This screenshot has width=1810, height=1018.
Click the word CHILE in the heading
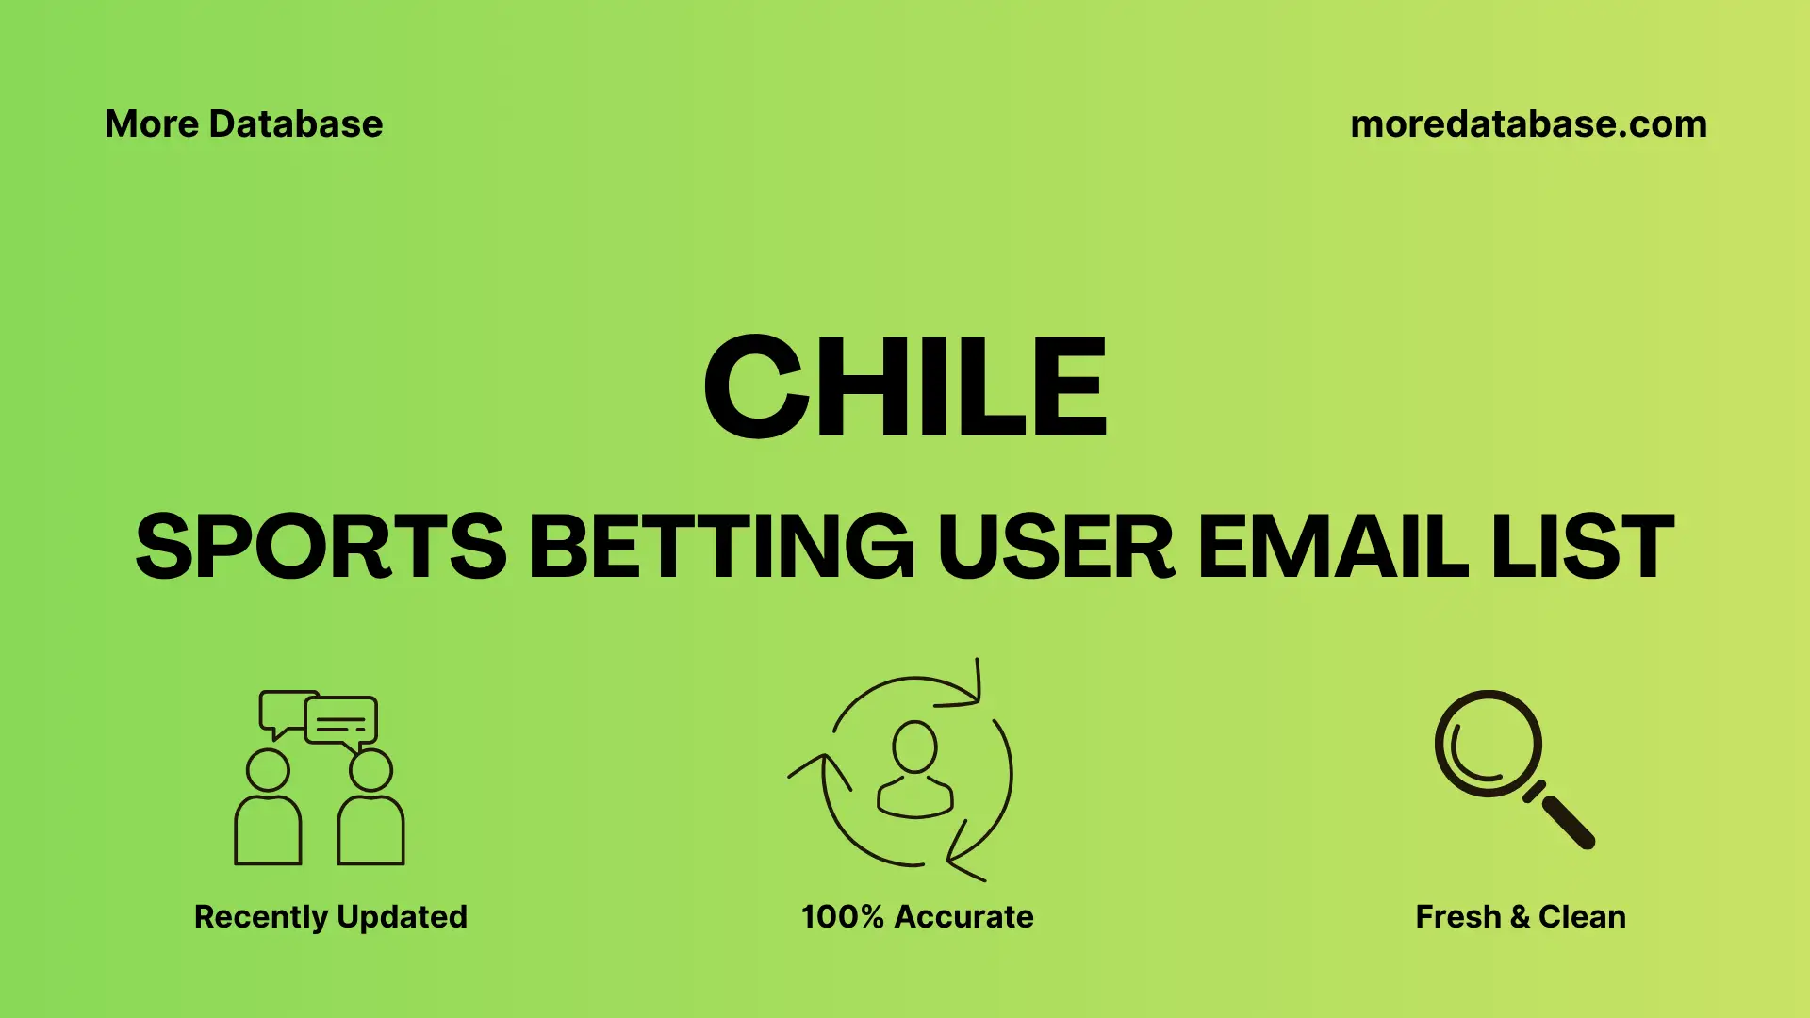(x=905, y=387)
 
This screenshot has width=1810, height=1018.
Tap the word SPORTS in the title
(x=321, y=547)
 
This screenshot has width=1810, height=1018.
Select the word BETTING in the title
(x=721, y=547)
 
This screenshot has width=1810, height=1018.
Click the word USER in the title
(x=1056, y=547)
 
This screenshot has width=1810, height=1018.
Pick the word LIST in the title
(x=1583, y=547)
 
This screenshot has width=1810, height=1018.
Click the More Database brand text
(x=243, y=124)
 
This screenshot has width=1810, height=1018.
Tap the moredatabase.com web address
(x=1528, y=124)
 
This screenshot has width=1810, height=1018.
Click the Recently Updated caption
(x=330, y=916)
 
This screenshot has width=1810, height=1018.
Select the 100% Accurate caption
(x=916, y=916)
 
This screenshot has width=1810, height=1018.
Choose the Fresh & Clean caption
(x=1520, y=916)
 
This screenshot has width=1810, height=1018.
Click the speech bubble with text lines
(x=341, y=722)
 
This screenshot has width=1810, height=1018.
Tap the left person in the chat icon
(x=268, y=811)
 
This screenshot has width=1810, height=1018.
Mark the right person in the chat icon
(x=370, y=811)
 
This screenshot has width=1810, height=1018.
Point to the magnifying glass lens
(x=1488, y=744)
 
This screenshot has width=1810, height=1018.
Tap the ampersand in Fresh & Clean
(x=1519, y=916)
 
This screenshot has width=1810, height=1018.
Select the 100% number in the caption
(x=842, y=916)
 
